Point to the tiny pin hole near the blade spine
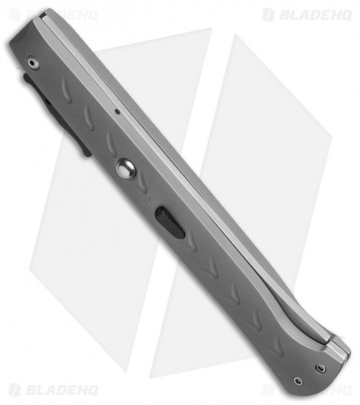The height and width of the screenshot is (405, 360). coord(119,112)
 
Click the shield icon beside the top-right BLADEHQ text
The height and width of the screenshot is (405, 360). coord(268,14)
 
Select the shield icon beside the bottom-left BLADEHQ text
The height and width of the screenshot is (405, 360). coord(13,390)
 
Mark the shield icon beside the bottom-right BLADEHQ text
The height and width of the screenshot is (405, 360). coord(268,390)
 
